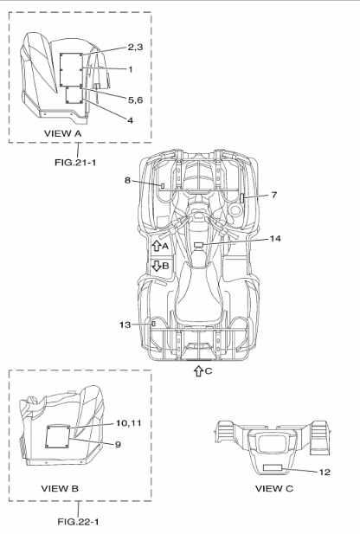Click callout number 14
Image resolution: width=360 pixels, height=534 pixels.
275,239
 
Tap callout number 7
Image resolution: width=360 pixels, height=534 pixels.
274,195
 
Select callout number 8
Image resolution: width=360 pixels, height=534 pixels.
127,180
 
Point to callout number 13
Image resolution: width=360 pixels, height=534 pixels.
125,325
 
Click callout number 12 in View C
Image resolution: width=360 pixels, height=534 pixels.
325,472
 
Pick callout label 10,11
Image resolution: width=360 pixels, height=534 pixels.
128,423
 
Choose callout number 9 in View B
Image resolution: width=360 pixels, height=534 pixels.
118,445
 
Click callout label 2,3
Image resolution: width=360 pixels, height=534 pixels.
135,47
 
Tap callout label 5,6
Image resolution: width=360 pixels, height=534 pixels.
135,100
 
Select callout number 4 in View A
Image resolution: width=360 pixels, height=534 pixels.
131,120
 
